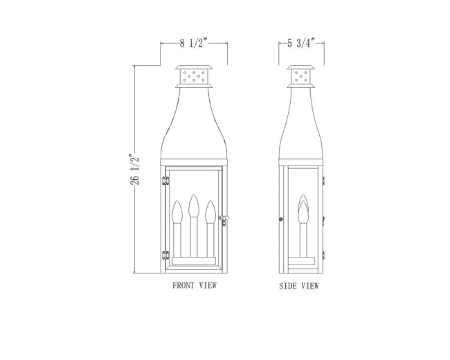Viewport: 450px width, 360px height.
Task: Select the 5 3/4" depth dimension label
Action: [x=301, y=44]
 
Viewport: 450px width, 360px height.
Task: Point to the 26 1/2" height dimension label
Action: [x=135, y=170]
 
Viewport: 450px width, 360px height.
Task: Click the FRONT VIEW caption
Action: [x=195, y=285]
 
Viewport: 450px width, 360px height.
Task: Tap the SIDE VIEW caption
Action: [x=299, y=286]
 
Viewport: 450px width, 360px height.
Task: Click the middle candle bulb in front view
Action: [x=194, y=206]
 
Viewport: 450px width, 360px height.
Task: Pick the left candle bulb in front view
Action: [x=177, y=212]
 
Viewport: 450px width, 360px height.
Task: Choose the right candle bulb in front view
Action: [x=210, y=212]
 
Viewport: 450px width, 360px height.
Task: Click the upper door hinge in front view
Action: [x=165, y=181]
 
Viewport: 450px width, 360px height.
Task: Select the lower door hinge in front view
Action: [x=165, y=255]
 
